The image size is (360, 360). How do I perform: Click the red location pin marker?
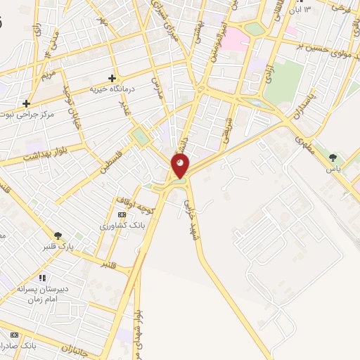tap(180, 166)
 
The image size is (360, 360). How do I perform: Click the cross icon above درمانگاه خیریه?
tap(111, 78)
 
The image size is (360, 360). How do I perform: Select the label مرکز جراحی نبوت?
tap(27, 115)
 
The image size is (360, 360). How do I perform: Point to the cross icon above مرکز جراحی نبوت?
tap(27, 103)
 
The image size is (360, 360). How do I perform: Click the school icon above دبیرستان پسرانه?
tap(42, 278)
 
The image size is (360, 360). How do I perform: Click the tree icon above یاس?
tap(333, 157)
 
